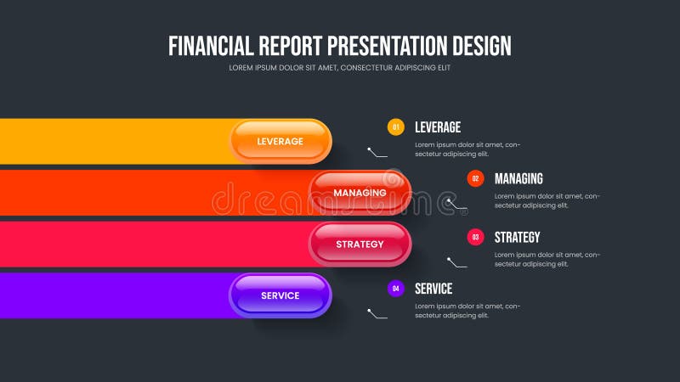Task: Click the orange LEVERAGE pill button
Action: pyautogui.click(x=280, y=141)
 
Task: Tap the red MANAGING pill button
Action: pyautogui.click(x=360, y=193)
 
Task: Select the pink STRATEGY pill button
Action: pyautogui.click(x=360, y=244)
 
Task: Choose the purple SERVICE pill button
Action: pyautogui.click(x=280, y=295)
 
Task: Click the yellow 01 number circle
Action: pyautogui.click(x=395, y=127)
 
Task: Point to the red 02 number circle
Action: pyautogui.click(x=475, y=178)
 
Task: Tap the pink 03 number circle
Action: pyautogui.click(x=475, y=237)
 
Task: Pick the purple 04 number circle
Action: pyautogui.click(x=395, y=289)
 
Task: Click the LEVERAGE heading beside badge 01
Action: pyautogui.click(x=438, y=127)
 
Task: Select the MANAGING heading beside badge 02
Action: pyautogui.click(x=518, y=178)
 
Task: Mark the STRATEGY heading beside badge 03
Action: pyautogui.click(x=517, y=237)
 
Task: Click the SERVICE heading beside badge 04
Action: pyautogui.click(x=433, y=289)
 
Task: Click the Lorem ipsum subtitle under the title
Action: pyautogui.click(x=340, y=68)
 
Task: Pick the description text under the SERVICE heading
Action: pyautogui.click(x=467, y=311)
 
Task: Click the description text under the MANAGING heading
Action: pyautogui.click(x=547, y=200)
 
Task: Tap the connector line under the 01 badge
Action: pyautogui.click(x=377, y=154)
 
